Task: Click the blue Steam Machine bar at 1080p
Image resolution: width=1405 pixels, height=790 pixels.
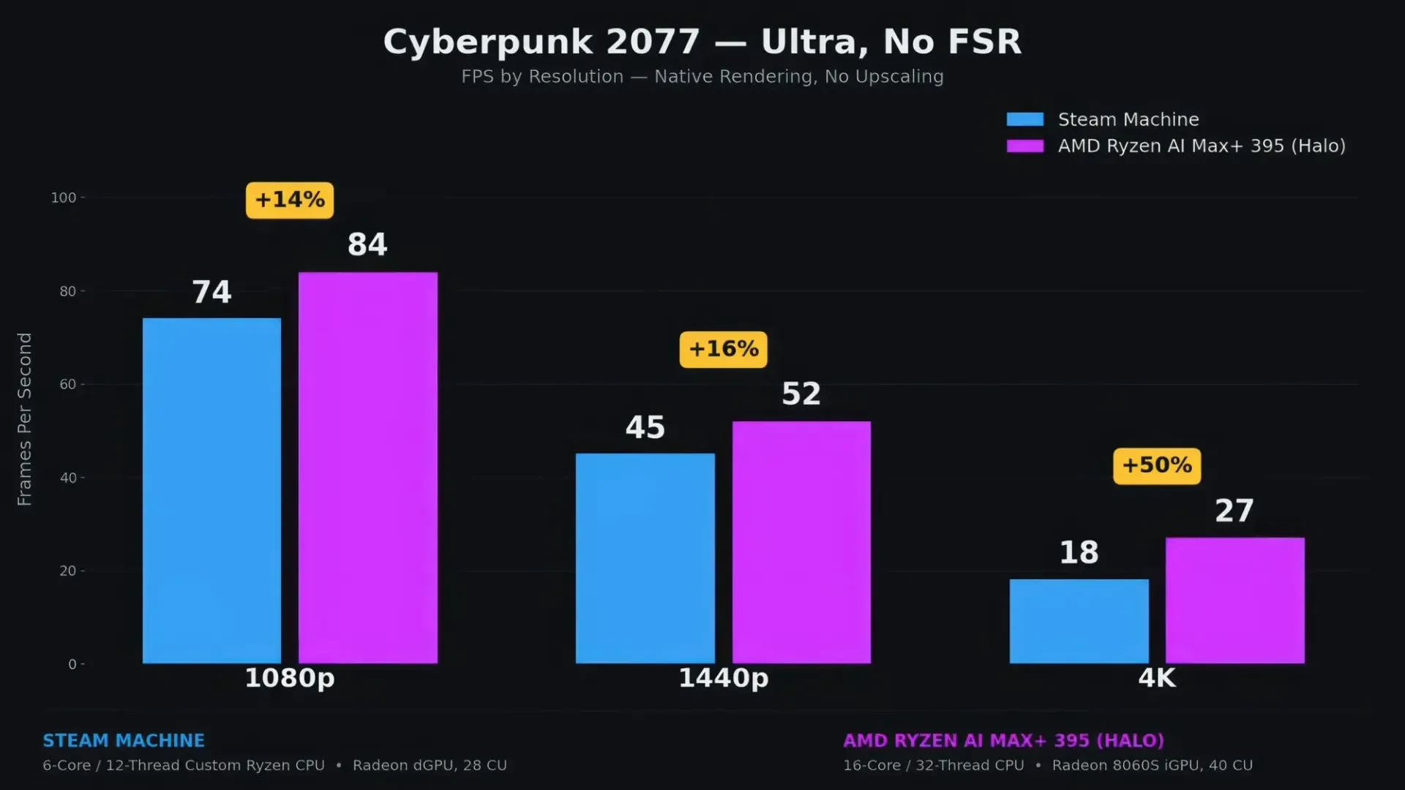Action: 211,491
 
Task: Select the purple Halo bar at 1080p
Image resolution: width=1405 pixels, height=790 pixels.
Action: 368,468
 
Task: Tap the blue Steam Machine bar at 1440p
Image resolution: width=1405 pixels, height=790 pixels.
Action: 645,558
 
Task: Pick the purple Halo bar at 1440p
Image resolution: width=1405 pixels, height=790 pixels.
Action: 801,542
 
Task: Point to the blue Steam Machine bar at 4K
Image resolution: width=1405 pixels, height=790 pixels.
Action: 1079,622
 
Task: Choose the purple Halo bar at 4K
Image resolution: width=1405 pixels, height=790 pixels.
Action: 1235,601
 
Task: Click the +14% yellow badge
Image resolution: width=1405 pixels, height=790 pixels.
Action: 290,200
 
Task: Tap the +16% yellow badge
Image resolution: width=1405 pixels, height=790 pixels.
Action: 724,349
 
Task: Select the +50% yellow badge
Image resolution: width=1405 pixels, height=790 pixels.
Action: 1157,466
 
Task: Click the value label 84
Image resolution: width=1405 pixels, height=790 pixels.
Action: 367,244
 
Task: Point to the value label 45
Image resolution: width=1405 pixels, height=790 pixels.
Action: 645,427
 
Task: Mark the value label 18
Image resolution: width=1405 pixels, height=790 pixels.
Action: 1079,552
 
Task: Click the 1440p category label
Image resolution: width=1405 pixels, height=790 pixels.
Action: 724,678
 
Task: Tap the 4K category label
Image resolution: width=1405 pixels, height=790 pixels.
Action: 1157,678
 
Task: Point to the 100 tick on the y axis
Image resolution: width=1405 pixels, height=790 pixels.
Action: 64,197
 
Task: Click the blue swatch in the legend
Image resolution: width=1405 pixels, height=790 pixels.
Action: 1025,119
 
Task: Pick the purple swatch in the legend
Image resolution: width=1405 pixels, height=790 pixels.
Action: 1025,146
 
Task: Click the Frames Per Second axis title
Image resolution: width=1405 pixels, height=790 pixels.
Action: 24,419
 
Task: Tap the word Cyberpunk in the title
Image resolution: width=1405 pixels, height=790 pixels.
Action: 488,42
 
